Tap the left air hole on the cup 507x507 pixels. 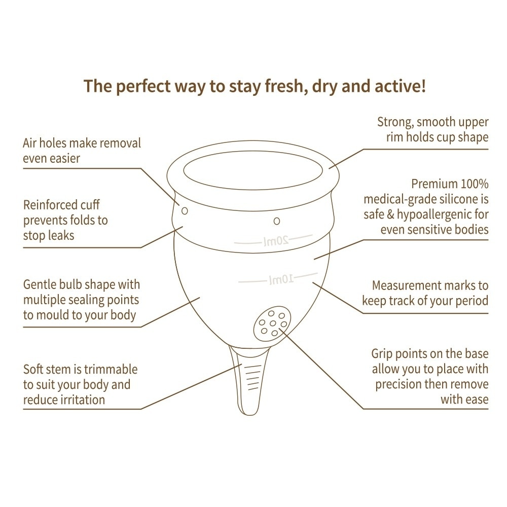point(185,210)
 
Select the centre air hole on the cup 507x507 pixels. point(276,221)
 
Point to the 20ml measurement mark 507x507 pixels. point(276,241)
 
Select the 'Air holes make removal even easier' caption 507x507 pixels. point(82,150)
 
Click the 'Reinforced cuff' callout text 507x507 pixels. point(65,220)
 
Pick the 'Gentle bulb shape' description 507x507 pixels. point(81,300)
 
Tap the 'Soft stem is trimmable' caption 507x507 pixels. point(80,384)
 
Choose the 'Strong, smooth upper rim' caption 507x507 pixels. point(432,129)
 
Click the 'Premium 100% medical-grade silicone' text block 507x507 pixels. point(425,206)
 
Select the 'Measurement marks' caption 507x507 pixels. point(425,293)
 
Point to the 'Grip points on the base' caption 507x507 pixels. point(429,376)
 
